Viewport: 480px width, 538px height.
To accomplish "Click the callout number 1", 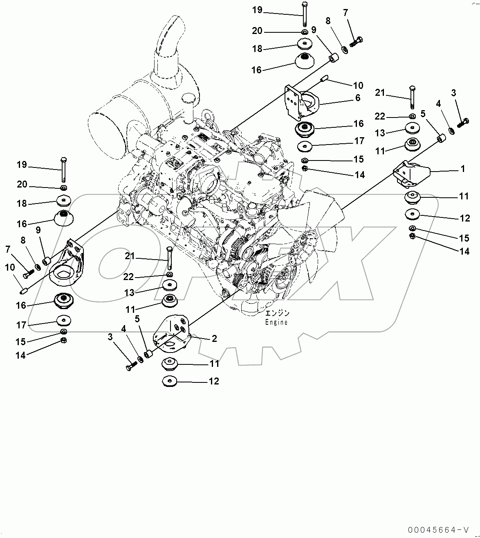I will coord(462,169).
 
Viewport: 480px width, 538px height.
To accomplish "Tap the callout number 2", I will coord(214,339).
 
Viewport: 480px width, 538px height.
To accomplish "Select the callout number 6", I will coord(358,98).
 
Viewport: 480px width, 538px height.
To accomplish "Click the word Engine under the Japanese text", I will coord(276,322).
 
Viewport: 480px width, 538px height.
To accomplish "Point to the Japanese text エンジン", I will coord(277,313).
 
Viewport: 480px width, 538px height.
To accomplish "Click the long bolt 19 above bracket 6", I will coord(304,14).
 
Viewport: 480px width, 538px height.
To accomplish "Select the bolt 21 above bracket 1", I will coord(412,99).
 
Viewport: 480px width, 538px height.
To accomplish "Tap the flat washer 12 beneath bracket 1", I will coord(413,215).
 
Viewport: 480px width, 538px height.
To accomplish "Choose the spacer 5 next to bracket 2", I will coord(149,353).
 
